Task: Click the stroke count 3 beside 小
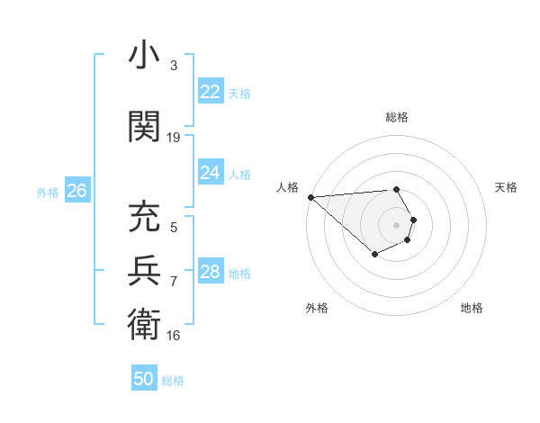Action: pos(174,66)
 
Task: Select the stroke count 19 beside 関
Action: pos(174,138)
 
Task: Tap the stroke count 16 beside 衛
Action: pos(174,335)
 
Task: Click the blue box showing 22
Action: pos(211,92)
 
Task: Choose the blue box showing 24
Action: pos(211,173)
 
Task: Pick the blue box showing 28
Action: pos(211,272)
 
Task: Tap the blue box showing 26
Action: pos(76,191)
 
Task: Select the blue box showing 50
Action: pos(144,379)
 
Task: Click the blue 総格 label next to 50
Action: pos(174,381)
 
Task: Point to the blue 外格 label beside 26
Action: pos(48,192)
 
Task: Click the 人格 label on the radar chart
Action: pos(287,187)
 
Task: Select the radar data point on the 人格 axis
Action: pos(310,197)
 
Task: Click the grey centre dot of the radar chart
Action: pos(396,224)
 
